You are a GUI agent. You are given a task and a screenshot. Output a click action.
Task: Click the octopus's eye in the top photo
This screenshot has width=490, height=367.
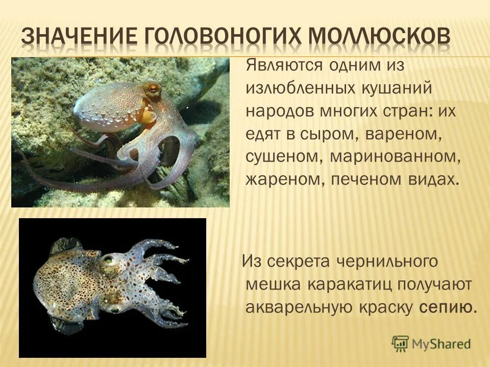click(x=152, y=89)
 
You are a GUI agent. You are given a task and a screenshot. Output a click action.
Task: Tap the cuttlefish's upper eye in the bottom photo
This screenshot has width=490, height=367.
click(x=108, y=260)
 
